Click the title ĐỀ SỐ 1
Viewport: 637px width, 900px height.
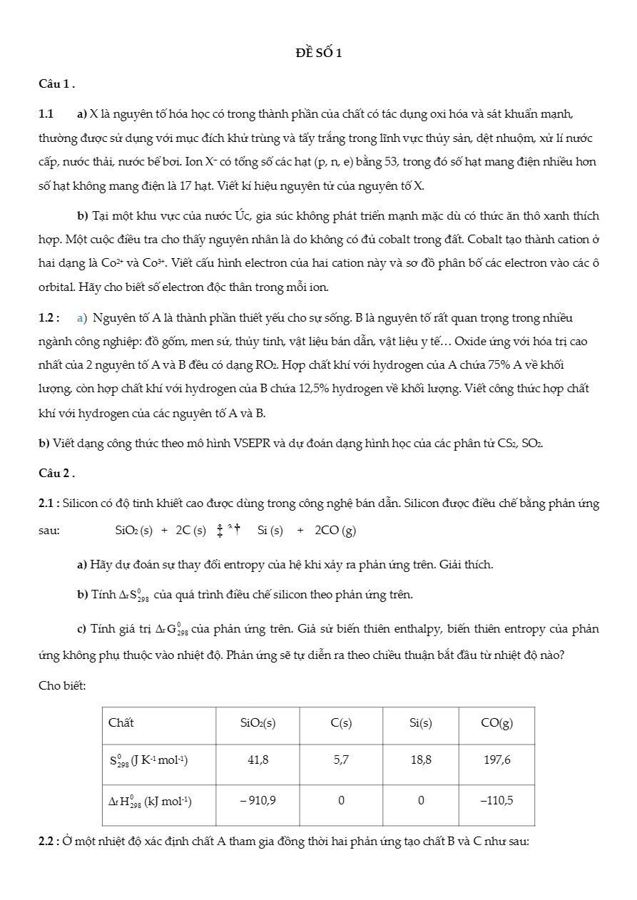[318, 53]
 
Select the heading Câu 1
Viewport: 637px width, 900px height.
[56, 84]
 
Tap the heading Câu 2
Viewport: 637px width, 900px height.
[56, 472]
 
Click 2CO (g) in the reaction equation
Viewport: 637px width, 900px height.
[335, 531]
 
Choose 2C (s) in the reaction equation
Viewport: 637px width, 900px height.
[190, 531]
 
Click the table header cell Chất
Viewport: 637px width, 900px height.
[121, 722]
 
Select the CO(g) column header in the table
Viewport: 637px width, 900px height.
[496, 722]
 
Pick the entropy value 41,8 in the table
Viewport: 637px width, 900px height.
[258, 760]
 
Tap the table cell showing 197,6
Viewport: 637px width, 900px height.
[496, 760]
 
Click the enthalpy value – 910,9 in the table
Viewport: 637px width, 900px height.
[258, 800]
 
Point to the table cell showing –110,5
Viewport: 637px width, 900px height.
[496, 800]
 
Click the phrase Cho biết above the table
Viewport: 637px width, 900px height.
[63, 685]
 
